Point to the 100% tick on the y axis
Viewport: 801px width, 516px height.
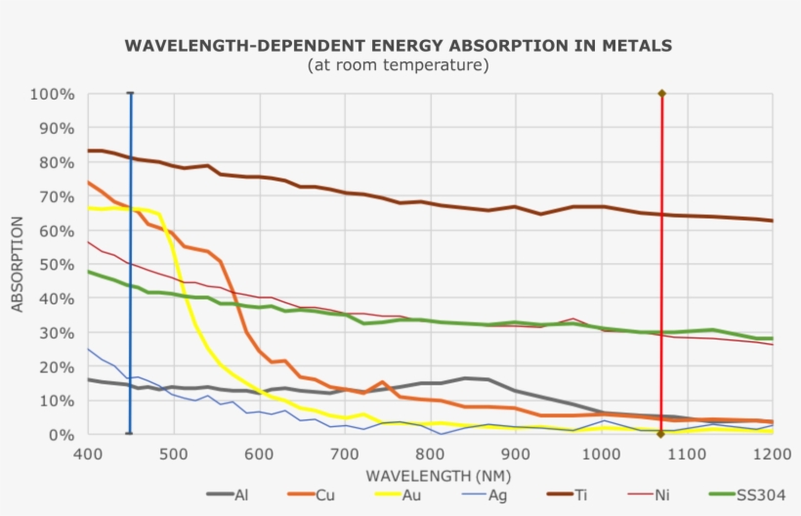tap(53, 95)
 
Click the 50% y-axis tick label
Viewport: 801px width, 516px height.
tap(57, 264)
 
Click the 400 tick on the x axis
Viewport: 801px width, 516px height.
tap(88, 454)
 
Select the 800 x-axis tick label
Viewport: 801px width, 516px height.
tap(431, 454)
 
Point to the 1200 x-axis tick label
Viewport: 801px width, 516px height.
tap(771, 454)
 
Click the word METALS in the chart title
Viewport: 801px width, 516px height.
tap(638, 45)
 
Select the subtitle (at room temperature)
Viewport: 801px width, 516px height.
tap(398, 65)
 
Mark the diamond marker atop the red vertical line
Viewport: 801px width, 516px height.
tap(661, 94)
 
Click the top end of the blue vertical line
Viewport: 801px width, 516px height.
tap(130, 94)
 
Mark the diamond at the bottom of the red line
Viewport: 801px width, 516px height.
tap(661, 434)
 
